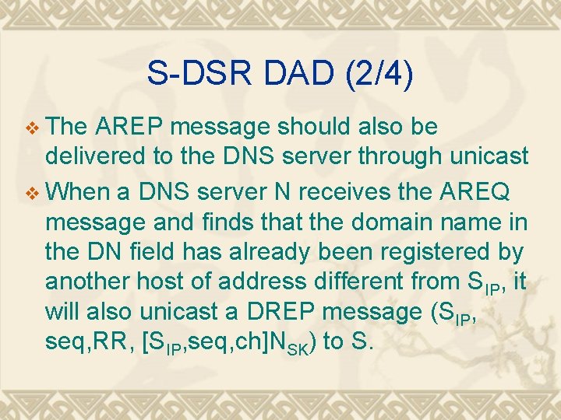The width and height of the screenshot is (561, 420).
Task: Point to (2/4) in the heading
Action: click(x=379, y=74)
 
